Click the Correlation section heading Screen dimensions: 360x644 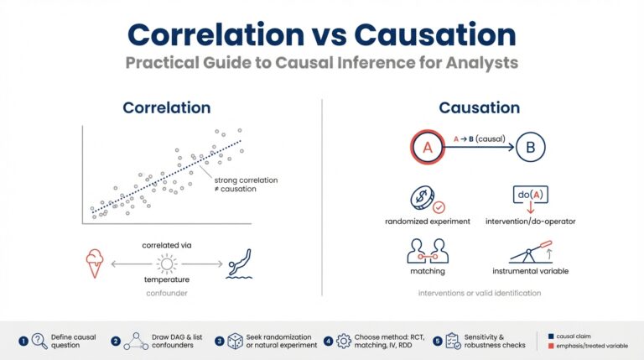[x=167, y=108]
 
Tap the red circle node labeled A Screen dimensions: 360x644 [x=425, y=147]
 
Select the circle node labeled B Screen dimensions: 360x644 [x=529, y=147]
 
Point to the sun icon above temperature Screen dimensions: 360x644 [x=166, y=263]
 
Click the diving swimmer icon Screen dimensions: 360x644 [x=240, y=261]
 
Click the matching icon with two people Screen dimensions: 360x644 [x=428, y=251]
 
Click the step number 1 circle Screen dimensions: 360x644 [x=23, y=341]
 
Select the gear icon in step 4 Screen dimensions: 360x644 [x=344, y=342]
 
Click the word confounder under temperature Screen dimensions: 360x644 [x=166, y=295]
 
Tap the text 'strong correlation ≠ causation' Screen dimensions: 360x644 [x=247, y=185]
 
